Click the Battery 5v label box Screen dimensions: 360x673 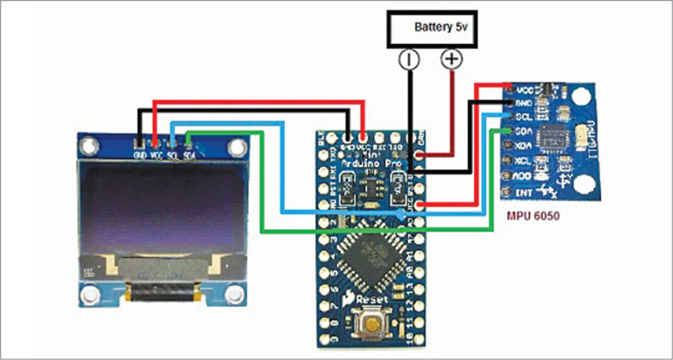click(431, 27)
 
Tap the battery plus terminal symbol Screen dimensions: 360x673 click(451, 59)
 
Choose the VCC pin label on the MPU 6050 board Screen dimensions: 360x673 click(525, 89)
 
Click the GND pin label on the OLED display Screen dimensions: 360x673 click(140, 155)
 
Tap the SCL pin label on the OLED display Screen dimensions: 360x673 click(173, 155)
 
